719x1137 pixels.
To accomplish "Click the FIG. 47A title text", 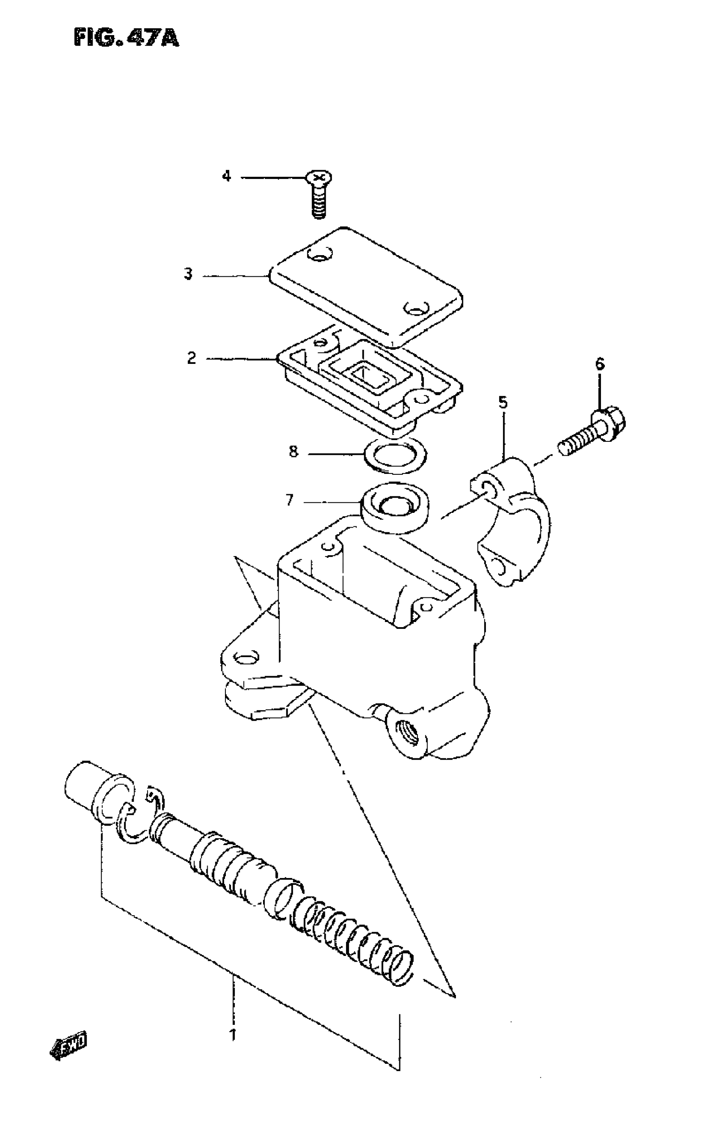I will click(x=126, y=37).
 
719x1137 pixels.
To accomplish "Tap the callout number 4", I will click(x=227, y=176).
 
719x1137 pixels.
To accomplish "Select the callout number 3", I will click(x=188, y=274).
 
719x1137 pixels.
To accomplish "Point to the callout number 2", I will click(x=191, y=358).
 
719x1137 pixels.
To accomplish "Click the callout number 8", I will click(x=294, y=452).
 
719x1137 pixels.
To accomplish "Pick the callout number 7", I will click(x=289, y=500).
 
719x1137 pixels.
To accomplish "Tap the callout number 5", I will click(x=503, y=403).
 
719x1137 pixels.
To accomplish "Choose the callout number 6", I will click(x=600, y=363).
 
